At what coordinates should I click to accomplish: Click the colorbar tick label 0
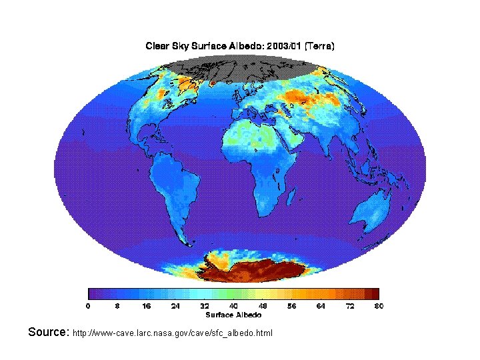click(x=89, y=305)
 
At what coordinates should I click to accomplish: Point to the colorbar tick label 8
click(x=117, y=305)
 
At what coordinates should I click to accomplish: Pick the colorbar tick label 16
click(x=147, y=305)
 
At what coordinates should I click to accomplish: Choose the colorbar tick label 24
click(x=175, y=305)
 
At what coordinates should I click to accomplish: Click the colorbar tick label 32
click(x=205, y=305)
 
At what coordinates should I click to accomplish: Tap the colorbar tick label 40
click(x=233, y=305)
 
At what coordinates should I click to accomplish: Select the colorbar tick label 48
click(x=263, y=305)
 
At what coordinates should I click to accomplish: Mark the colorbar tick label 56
click(x=291, y=305)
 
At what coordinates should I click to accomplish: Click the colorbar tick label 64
click(x=321, y=305)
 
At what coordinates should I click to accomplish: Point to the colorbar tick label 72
click(x=349, y=305)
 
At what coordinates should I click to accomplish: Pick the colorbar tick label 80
click(x=378, y=305)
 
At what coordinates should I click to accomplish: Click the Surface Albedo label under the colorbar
click(x=233, y=315)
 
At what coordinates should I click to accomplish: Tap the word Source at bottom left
click(x=48, y=331)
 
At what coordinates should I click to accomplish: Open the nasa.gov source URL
click(x=173, y=333)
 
